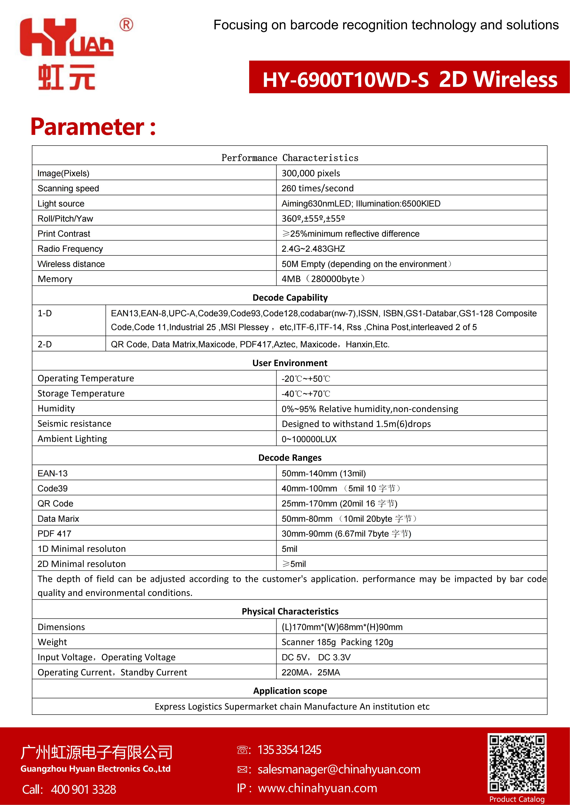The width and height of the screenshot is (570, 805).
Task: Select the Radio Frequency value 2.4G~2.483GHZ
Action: click(313, 249)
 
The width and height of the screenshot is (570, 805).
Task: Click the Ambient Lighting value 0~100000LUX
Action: click(309, 439)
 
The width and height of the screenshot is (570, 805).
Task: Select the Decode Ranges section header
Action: click(290, 458)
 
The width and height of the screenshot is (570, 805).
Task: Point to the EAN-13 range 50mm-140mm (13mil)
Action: click(324, 473)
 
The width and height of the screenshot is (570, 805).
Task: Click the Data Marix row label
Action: click(58, 518)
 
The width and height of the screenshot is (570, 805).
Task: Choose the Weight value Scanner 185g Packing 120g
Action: click(337, 642)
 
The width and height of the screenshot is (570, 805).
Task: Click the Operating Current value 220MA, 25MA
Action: click(311, 672)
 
